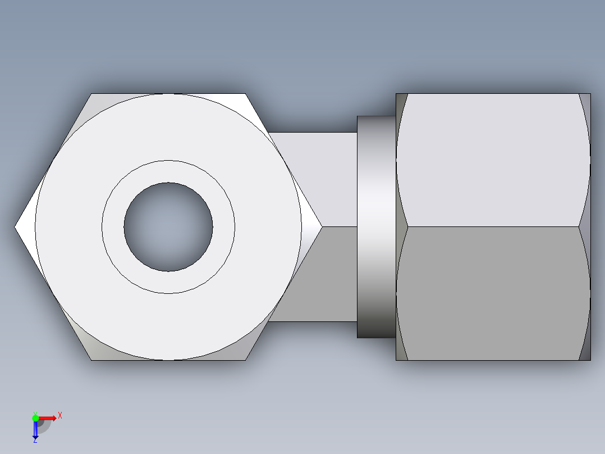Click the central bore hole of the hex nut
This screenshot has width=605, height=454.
168,227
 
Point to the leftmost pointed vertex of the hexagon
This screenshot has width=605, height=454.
16,227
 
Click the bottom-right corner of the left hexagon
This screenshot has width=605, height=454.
245,359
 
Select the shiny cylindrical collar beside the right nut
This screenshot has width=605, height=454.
376,227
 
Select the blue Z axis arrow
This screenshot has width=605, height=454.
35,430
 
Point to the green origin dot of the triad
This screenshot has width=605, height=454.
35,417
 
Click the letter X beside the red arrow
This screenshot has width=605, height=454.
60,416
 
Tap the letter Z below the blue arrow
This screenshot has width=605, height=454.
35,440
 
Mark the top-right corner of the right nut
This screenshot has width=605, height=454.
590,94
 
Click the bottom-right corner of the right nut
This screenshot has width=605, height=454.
590,360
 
